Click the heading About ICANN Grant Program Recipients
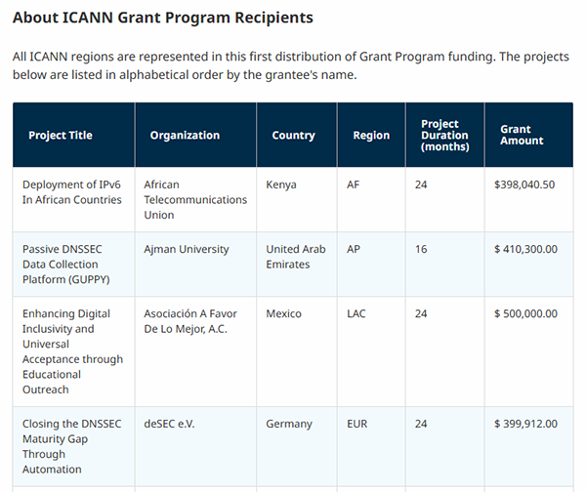coord(163,18)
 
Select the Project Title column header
coord(61,136)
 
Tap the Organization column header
coord(185,136)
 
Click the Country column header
coord(293,136)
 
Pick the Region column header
coord(371,136)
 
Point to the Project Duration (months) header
coord(444,136)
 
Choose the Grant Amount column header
coord(522,136)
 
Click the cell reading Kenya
coord(281,184)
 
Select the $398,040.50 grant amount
coord(524,184)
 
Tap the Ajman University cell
coord(186,249)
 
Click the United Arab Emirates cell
coord(296,257)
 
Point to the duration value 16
coord(421,249)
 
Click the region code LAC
coord(356,313)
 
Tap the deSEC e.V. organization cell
coord(171,424)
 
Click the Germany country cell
coord(289,424)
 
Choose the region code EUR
coord(357,424)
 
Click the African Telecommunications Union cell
coord(194,199)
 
